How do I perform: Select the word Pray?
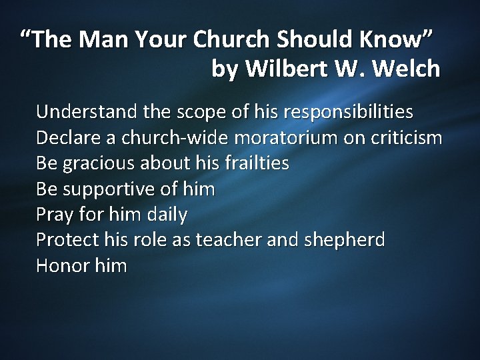(51, 215)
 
